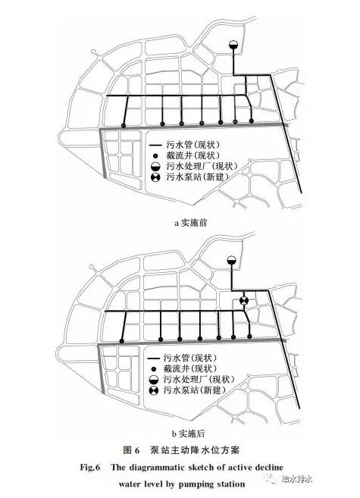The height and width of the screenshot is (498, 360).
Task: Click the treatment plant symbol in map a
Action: (233, 45)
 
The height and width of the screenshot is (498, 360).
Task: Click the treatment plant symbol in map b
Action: (232, 260)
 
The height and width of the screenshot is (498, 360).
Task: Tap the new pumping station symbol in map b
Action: (243, 300)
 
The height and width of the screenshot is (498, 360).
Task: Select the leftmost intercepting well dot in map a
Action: (124, 126)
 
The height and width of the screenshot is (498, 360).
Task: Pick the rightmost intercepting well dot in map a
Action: (252, 121)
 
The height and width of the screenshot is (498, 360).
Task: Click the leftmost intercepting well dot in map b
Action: (121, 341)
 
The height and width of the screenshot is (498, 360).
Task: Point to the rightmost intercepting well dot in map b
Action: (249, 337)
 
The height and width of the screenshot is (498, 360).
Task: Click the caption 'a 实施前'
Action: (190, 223)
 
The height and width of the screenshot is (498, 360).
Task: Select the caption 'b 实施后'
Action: (188, 434)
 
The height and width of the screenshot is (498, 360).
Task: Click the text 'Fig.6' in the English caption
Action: (90, 467)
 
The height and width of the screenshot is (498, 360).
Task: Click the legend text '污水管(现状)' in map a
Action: (193, 145)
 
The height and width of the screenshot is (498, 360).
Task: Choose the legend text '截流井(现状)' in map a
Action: (193, 155)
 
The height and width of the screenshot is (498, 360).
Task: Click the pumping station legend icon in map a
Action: (155, 177)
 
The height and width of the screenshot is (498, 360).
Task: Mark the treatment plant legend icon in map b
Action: (153, 380)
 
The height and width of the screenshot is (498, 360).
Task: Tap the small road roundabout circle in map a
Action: (94, 52)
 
